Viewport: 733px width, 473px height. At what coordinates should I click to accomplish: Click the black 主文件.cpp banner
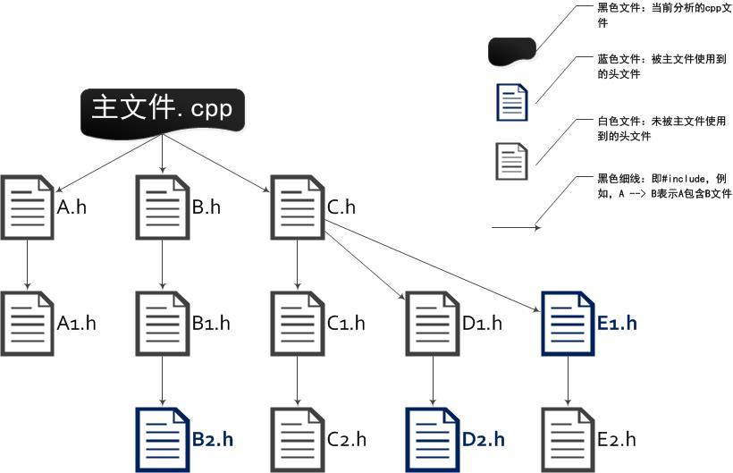point(162,111)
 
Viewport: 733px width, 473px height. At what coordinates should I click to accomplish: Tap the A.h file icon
point(28,208)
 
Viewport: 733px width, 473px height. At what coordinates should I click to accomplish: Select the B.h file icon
point(162,208)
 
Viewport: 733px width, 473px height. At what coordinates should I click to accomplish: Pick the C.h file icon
point(297,208)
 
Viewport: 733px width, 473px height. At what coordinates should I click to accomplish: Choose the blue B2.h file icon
point(162,439)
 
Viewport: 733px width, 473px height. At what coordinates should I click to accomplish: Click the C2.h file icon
point(297,439)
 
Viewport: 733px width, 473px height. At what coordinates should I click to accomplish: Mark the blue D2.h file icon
point(433,439)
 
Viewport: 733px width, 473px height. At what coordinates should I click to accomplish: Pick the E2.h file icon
point(569,439)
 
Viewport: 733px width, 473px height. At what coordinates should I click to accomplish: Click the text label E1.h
point(617,324)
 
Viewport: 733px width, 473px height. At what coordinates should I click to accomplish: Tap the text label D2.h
point(483,439)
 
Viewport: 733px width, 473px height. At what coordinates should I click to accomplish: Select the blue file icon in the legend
point(512,101)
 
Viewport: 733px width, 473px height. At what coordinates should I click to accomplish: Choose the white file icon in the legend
point(512,161)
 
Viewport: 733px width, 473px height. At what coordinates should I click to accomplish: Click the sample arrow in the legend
point(516,228)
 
